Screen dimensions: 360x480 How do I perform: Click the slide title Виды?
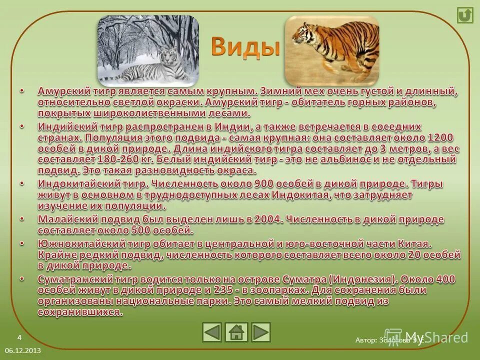pyautogui.click(x=243, y=48)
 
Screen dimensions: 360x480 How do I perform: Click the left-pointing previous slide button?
pyautogui.click(x=212, y=332)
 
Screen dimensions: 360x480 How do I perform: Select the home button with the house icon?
pyautogui.click(x=236, y=332)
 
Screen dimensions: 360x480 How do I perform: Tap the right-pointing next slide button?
pyautogui.click(x=260, y=332)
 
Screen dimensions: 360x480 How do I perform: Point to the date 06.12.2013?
pyautogui.click(x=23, y=351)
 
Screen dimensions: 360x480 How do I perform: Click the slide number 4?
pyautogui.click(x=19, y=337)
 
